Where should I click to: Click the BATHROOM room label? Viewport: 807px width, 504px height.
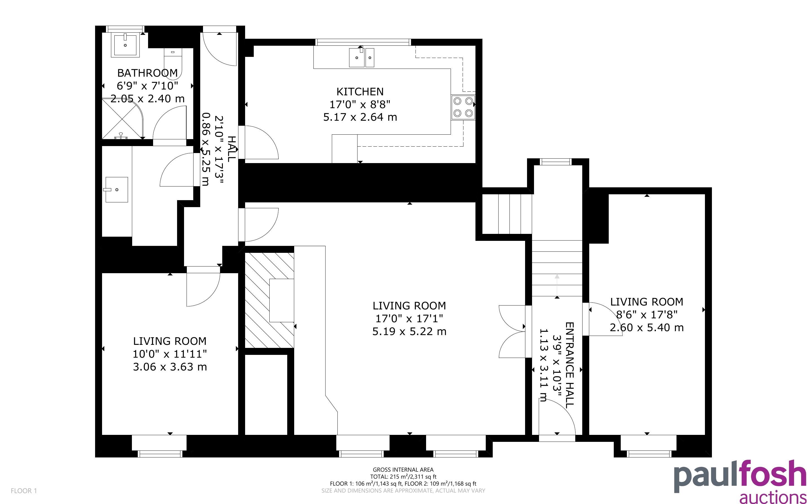point(147,73)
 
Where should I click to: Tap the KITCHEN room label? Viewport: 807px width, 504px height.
point(360,91)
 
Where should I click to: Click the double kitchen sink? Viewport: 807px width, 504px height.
point(362,57)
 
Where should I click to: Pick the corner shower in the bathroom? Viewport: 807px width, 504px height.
point(122,119)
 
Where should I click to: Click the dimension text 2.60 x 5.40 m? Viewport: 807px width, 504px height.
point(647,328)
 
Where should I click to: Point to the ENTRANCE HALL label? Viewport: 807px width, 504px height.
point(570,365)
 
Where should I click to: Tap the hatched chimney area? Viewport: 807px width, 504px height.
point(269,300)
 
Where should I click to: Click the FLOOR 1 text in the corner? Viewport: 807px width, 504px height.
point(24,491)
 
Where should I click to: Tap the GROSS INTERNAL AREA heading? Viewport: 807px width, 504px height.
point(403,470)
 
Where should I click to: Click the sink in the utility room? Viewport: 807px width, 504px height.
point(117,190)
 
